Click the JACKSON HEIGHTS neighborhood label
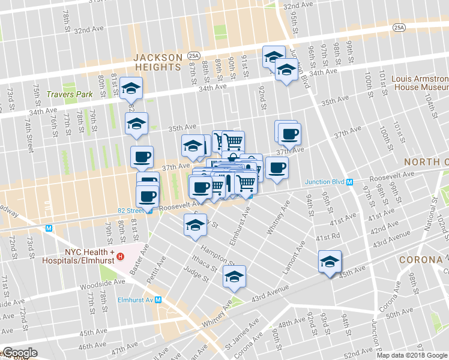coord(158,62)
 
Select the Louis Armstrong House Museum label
coord(420,83)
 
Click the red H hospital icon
coord(120,257)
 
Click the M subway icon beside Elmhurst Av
coord(158,300)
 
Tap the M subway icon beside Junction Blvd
coord(349,182)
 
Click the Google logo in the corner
coord(20,353)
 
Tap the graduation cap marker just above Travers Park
coord(131,89)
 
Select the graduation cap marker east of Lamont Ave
coord(330,262)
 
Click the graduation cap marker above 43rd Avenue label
coord(234,277)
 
